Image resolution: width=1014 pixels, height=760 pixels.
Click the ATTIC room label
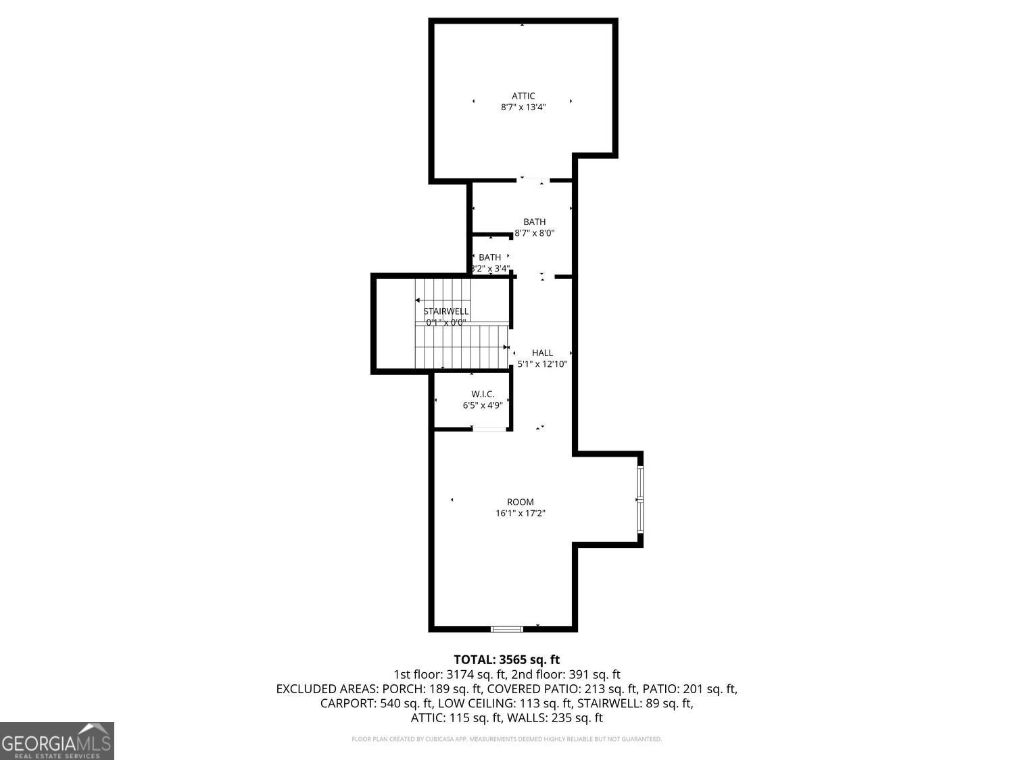(523, 96)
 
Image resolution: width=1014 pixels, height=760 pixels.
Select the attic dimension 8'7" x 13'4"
(523, 107)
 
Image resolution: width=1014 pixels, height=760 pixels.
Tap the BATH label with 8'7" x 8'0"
(534, 222)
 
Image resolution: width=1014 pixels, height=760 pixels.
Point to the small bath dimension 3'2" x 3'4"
(490, 268)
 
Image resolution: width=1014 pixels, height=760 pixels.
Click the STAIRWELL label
(445, 311)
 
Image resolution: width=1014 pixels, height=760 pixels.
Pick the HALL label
(542, 353)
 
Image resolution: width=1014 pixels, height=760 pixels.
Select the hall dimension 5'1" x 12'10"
(542, 364)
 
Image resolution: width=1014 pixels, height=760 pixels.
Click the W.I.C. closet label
(483, 394)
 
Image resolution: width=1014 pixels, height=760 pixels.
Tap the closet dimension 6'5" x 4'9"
(483, 405)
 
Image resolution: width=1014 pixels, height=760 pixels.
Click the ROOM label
(521, 502)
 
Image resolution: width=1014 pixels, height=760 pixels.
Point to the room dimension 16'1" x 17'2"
(521, 513)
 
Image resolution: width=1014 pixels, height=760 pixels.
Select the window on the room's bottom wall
(506, 629)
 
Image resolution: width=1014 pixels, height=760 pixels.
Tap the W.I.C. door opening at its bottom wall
(489, 428)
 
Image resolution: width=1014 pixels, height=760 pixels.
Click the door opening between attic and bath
(534, 180)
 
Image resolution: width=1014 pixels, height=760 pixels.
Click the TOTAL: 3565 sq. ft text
(506, 659)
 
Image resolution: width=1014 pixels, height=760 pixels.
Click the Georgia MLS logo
(57, 741)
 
